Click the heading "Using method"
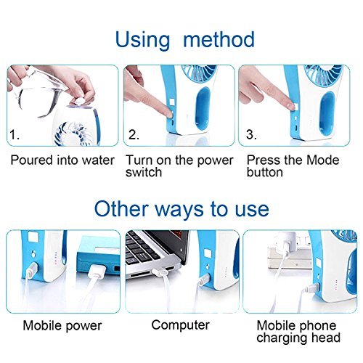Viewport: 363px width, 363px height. pyautogui.click(x=185, y=40)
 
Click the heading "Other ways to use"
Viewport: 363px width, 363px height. pyautogui.click(x=181, y=209)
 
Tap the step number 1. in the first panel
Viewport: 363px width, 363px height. pyautogui.click(x=15, y=134)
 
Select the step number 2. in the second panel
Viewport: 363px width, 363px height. pyautogui.click(x=134, y=134)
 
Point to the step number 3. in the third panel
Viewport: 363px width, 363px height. pyautogui.click(x=252, y=134)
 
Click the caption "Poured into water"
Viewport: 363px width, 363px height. pyautogui.click(x=62, y=160)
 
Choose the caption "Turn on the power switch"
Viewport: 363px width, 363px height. pyautogui.click(x=179, y=166)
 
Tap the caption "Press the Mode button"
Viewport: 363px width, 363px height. pyautogui.click(x=293, y=166)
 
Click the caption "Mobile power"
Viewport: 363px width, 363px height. pyautogui.click(x=62, y=325)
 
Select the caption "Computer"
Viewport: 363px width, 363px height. pyautogui.click(x=181, y=325)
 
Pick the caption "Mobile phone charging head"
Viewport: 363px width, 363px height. pyautogui.click(x=298, y=331)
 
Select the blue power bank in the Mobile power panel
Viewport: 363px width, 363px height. pyautogui.click(x=99, y=263)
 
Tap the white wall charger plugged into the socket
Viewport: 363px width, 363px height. pyautogui.click(x=287, y=243)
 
